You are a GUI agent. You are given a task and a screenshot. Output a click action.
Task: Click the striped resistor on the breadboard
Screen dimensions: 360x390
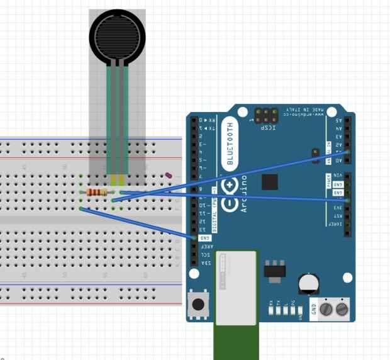96,192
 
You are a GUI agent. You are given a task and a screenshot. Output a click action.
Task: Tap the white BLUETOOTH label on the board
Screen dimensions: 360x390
230,143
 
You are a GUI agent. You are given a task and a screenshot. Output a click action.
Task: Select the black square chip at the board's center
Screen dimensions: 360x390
270,182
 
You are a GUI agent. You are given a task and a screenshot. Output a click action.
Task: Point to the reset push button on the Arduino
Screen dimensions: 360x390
199,305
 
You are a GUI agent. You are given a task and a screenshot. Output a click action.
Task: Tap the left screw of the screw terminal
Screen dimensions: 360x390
326,309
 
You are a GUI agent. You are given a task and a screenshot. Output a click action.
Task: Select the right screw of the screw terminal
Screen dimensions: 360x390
342,309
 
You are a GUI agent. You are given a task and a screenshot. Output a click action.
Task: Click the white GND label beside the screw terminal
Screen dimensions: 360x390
314,309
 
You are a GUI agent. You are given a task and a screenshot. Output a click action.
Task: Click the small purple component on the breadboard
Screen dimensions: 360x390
168,177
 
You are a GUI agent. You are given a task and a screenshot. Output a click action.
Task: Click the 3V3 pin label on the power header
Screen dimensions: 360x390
338,208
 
